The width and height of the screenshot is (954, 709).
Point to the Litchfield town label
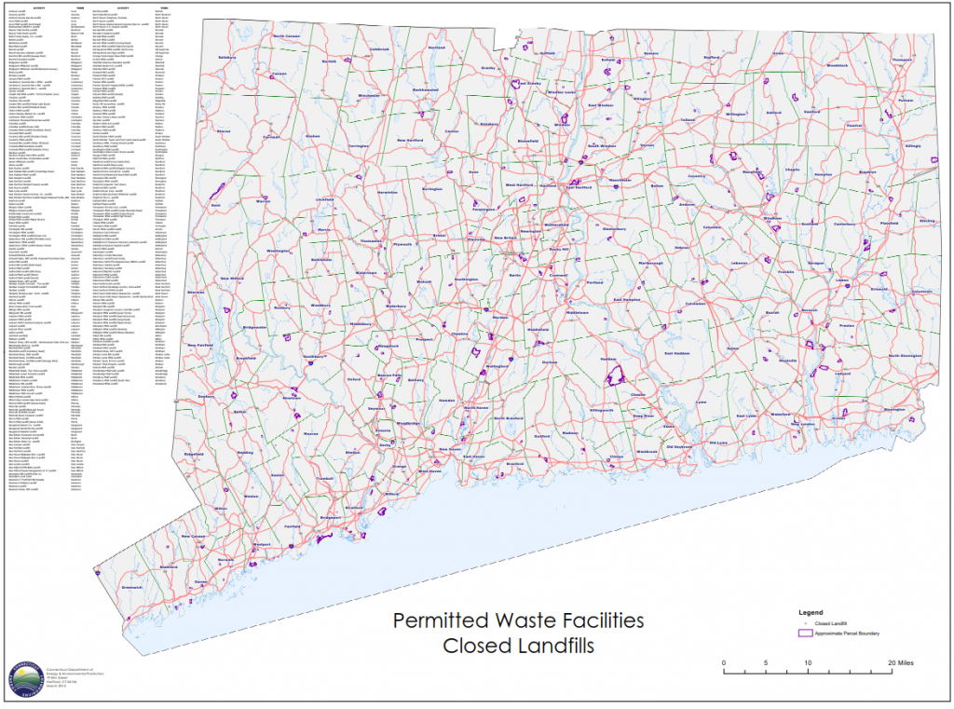(x=325, y=198)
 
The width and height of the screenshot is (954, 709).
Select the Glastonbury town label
(x=614, y=227)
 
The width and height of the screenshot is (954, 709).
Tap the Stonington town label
(x=893, y=410)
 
